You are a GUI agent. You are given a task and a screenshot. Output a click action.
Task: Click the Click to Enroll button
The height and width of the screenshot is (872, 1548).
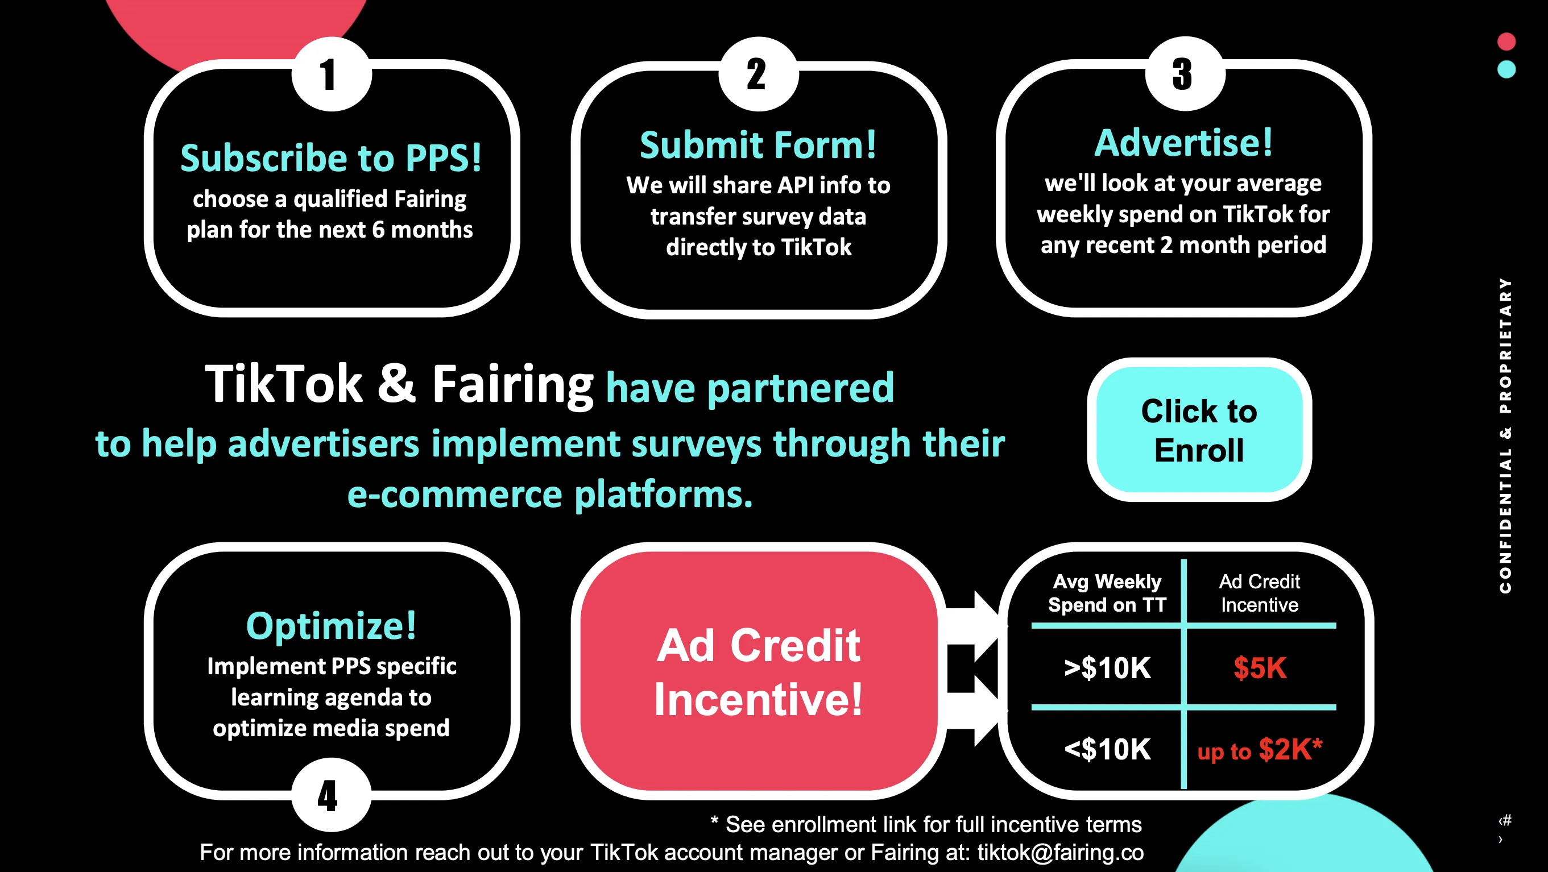[x=1199, y=430]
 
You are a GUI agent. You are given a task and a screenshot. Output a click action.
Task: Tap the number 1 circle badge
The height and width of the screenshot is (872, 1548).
[x=332, y=74]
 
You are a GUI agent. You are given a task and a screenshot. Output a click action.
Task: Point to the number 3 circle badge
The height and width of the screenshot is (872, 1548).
[x=1185, y=74]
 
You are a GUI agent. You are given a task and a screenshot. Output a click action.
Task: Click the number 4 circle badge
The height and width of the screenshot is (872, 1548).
[x=332, y=795]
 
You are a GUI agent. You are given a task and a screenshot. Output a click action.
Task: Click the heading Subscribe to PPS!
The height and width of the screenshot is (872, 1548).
[x=331, y=157]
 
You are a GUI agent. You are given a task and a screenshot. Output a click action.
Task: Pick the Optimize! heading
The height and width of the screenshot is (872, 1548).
[x=331, y=626]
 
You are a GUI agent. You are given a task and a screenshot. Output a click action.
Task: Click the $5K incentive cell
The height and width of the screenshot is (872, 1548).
[x=1260, y=668]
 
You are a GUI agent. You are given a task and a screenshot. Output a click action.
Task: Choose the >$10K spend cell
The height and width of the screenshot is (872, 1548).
[x=1107, y=668]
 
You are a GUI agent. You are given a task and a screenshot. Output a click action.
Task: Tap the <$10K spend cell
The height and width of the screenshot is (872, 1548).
[x=1107, y=749]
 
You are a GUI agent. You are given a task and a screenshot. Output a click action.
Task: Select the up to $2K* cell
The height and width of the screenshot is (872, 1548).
[x=1260, y=749]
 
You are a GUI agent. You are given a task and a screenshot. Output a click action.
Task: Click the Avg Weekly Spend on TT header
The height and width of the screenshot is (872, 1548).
[x=1107, y=593]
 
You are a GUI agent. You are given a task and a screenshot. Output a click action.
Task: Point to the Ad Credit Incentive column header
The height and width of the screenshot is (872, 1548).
[x=1260, y=593]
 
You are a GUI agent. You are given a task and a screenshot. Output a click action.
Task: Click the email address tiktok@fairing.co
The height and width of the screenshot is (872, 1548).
[x=1061, y=852]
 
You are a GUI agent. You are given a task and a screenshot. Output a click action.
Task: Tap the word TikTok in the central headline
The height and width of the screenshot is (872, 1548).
[x=284, y=384]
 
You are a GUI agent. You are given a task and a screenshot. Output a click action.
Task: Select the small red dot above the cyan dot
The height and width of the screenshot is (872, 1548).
[x=1506, y=41]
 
